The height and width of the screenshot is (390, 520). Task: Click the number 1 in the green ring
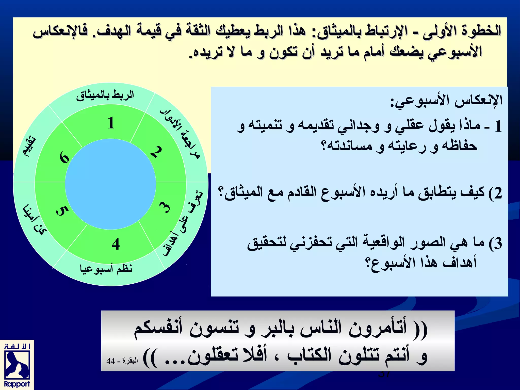pos(111,123)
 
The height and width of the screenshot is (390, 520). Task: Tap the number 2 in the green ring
pos(156,152)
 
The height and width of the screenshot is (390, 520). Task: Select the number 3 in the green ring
pos(165,207)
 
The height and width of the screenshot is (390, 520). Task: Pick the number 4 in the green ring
pos(116,244)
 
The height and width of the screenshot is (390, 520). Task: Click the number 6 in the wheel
pos(64,157)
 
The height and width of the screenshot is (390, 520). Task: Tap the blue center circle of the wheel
pos(110,184)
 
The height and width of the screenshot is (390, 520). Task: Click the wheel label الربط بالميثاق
pos(105,95)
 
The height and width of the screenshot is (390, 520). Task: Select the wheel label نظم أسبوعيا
pos(106,269)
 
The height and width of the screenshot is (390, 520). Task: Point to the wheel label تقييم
pos(29,147)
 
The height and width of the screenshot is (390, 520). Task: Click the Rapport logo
pos(17,365)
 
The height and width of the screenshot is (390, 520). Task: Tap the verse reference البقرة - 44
pos(122,361)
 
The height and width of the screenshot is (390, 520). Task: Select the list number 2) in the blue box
pos(495,193)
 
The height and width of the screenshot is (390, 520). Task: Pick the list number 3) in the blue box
pos(495,243)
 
